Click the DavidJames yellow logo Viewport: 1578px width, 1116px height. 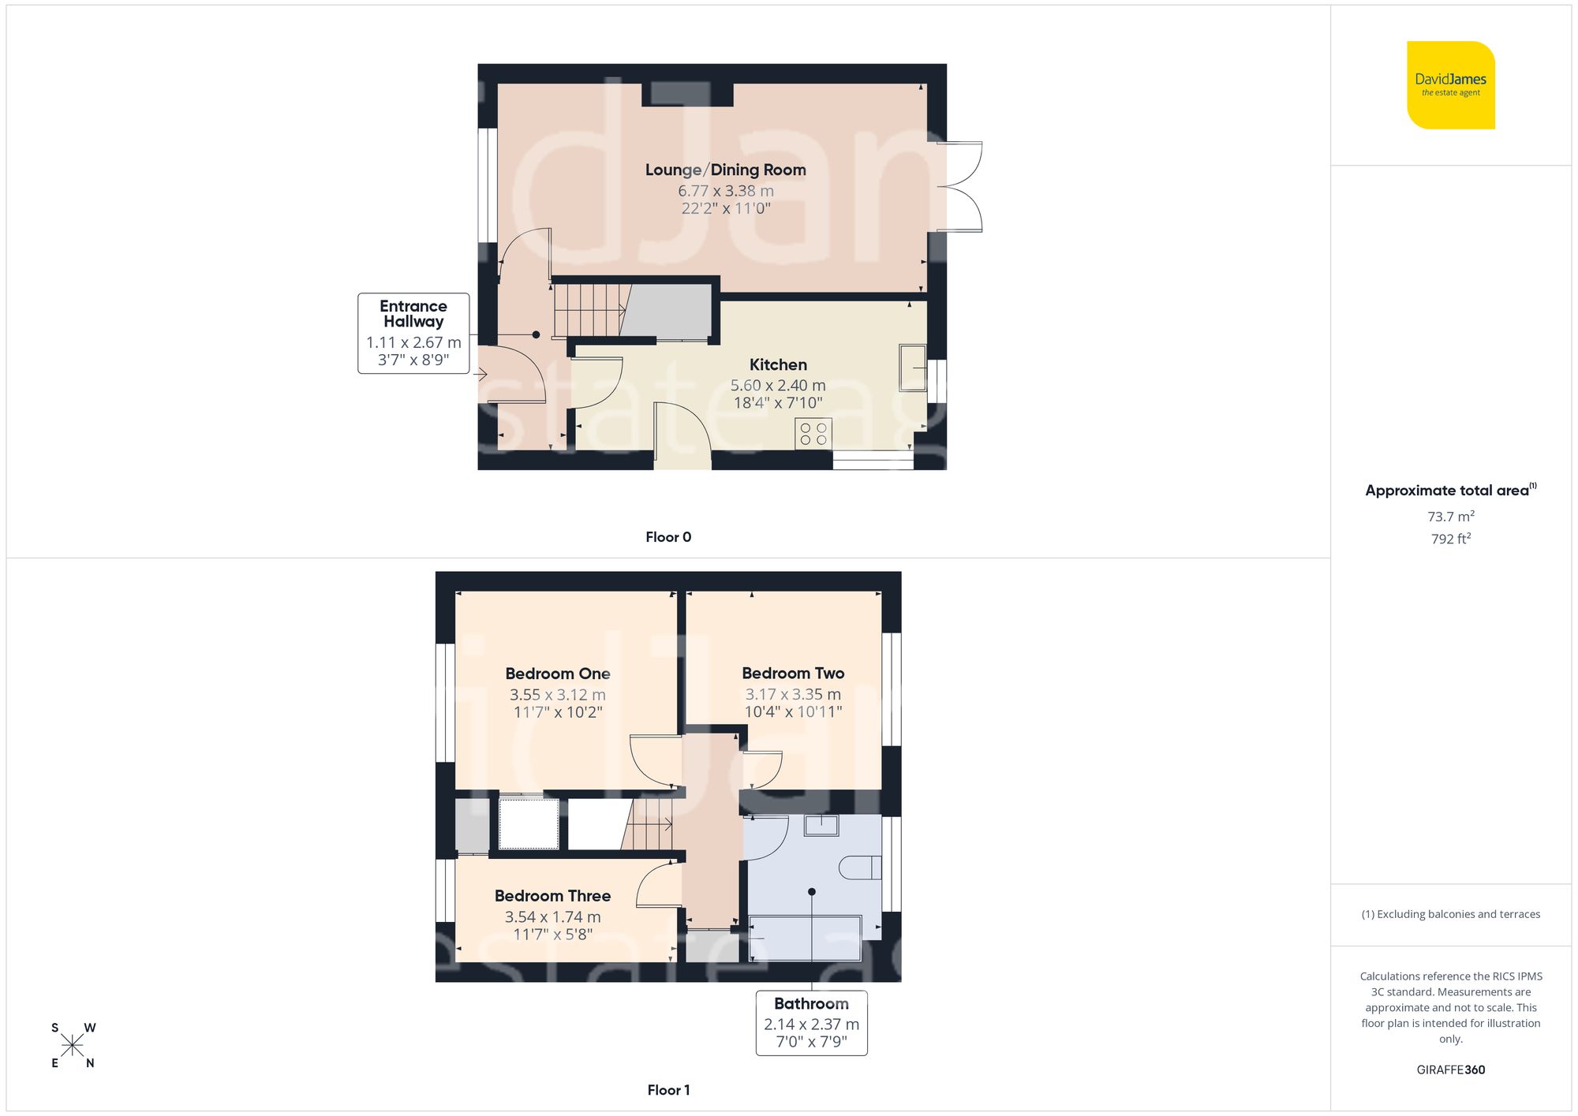pos(1450,85)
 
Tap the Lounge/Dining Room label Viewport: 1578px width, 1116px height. pos(725,170)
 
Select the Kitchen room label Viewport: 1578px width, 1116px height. pos(778,364)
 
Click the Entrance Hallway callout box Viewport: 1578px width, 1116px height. pos(413,333)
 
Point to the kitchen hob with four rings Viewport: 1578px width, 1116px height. pos(813,434)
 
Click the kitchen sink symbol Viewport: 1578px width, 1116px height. pos(913,368)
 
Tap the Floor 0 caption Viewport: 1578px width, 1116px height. pos(668,537)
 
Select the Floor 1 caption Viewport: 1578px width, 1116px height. pos(668,1090)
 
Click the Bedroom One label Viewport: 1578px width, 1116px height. pos(558,674)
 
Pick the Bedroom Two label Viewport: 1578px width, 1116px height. pos(793,674)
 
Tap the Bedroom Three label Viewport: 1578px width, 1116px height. pos(552,896)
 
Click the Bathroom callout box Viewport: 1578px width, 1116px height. pos(811,1022)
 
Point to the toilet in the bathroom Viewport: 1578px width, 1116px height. pos(860,868)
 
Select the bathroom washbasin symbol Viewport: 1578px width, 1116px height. pos(821,826)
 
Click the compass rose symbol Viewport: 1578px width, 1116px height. pos(73,1046)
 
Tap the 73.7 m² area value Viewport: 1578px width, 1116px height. pos(1450,517)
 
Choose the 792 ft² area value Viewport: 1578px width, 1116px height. pos(1450,539)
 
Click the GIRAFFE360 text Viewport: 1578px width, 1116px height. pos(1450,1069)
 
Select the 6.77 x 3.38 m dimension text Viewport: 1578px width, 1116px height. pos(725,191)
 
